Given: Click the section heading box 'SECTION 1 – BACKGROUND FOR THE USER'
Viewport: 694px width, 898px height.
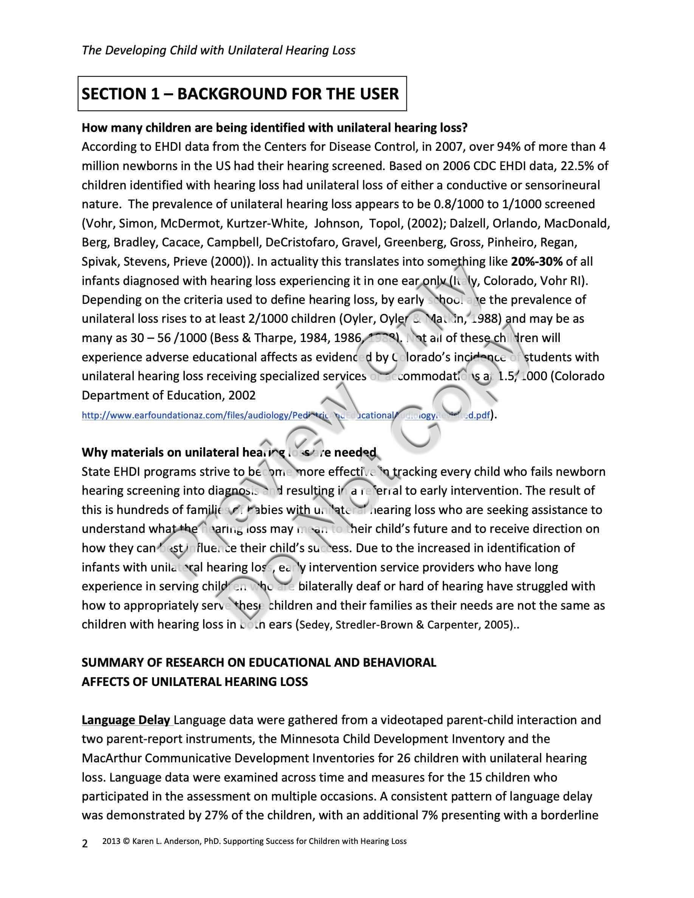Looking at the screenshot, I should tap(242, 94).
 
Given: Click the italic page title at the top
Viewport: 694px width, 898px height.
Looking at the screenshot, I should tap(218, 50).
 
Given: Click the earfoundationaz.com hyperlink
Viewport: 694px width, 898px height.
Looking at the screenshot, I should tap(286, 415).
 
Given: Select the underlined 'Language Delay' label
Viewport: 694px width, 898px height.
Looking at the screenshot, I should tap(126, 720).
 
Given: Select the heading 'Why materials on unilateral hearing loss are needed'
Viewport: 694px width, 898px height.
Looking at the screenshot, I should tap(229, 452).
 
